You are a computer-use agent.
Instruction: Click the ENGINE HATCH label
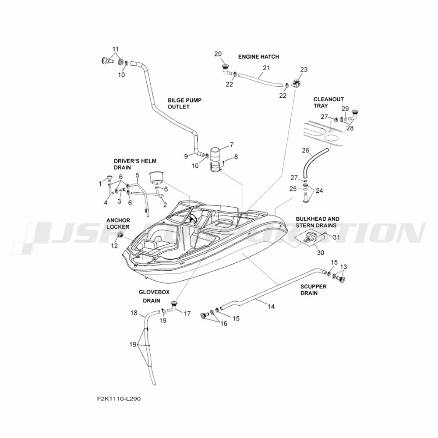pos(258,57)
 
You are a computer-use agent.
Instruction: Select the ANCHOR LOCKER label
pos(117,223)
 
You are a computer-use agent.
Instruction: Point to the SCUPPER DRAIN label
pos(313,290)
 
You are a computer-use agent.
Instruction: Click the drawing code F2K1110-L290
pos(119,399)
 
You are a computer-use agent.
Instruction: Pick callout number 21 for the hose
pos(266,68)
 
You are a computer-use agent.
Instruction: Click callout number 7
pos(232,145)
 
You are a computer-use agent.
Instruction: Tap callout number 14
pos(271,307)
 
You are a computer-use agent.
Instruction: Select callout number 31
pos(336,237)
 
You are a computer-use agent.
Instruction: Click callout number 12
pos(114,246)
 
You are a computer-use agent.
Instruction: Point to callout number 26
pos(306,151)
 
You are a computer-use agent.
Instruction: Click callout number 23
pos(304,70)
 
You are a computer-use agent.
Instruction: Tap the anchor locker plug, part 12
pos(119,237)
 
